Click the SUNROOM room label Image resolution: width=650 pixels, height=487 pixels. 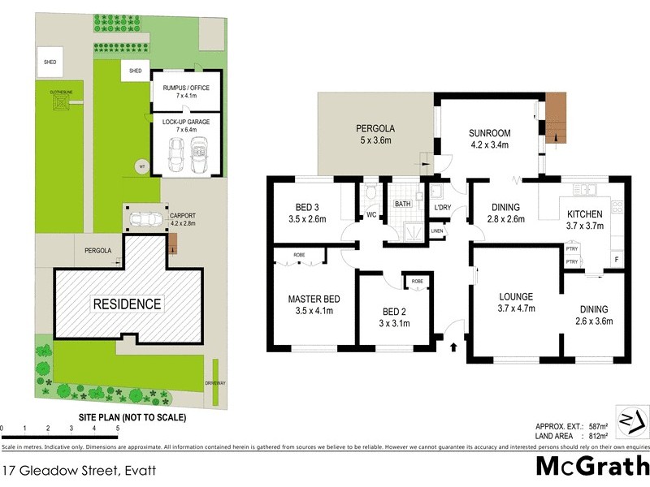pyautogui.click(x=489, y=134)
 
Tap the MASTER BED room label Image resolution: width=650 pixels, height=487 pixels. pyautogui.click(x=313, y=300)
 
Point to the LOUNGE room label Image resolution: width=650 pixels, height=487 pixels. pyautogui.click(x=516, y=295)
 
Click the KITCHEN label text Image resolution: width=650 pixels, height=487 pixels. pyautogui.click(x=585, y=214)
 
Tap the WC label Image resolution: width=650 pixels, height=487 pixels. pyautogui.click(x=372, y=216)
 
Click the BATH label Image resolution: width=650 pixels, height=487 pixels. pyautogui.click(x=404, y=204)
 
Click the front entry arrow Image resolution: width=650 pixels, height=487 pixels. pyautogui.click(x=453, y=347)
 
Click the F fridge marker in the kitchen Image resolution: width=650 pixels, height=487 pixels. pyautogui.click(x=616, y=259)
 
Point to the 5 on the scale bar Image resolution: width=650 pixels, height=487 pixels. pyautogui.click(x=118, y=428)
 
